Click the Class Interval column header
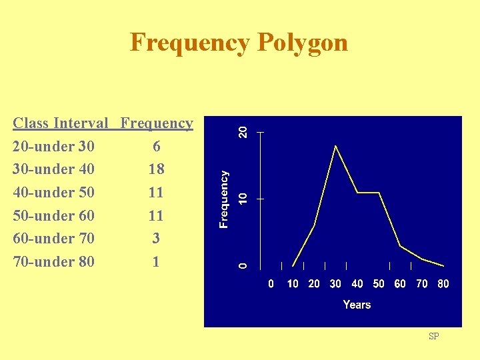(60, 123)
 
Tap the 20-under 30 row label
(53, 146)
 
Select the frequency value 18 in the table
(156, 169)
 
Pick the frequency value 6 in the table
(156, 146)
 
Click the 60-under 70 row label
(53, 238)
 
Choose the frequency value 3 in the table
(156, 238)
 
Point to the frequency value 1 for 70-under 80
(156, 261)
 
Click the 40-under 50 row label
(53, 193)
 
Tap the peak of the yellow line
(335, 145)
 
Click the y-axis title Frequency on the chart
(225, 199)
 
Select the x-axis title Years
(357, 305)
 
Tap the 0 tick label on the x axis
(271, 284)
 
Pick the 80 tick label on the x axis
(443, 284)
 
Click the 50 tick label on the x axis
(379, 284)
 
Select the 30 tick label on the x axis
(335, 284)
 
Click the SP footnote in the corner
(433, 337)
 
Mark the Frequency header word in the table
(157, 123)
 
